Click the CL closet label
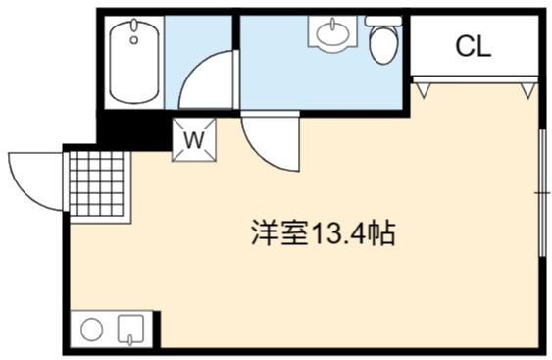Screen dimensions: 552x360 pos(474,46)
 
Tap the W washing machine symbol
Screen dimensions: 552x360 pos(194,140)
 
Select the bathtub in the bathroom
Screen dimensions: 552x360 pos(133,61)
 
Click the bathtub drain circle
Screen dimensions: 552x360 pos(133,40)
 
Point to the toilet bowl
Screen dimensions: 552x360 pos(383,45)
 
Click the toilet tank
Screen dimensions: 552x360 pos(383,21)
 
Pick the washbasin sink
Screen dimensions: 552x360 pos(332,31)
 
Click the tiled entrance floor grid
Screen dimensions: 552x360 pos(97,183)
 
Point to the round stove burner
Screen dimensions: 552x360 pos(91,329)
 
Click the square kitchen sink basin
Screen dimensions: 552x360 pos(130,329)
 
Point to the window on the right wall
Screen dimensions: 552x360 pos(542,193)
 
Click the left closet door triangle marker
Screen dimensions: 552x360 pos(424,89)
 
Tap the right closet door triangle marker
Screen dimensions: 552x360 pos(528,90)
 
